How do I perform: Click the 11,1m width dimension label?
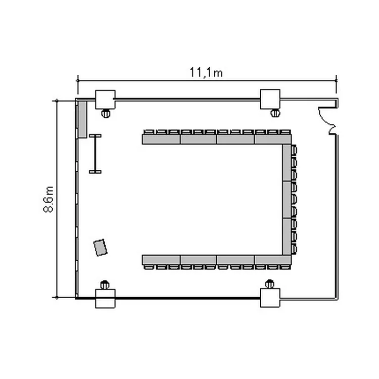(206, 72)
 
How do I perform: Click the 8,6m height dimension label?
(49, 200)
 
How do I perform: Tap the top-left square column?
(105, 100)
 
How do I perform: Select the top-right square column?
(270, 99)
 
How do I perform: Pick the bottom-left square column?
(105, 299)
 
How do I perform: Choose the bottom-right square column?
(270, 298)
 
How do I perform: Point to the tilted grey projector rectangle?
(101, 248)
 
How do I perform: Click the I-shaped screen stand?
(95, 154)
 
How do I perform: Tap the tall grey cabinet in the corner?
(82, 120)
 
